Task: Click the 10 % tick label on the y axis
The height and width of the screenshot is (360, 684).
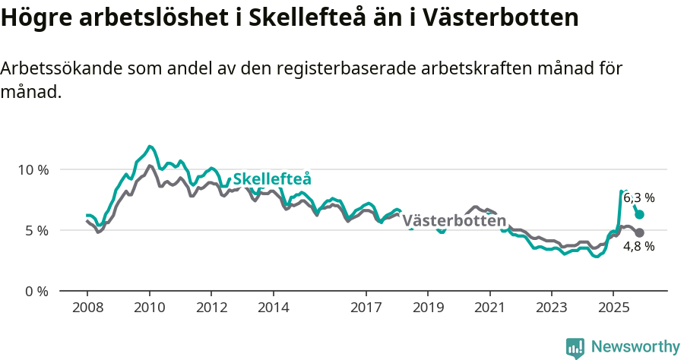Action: [x=32, y=169]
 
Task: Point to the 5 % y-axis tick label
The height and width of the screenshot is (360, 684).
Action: [x=35, y=230]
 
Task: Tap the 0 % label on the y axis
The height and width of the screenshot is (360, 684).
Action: [x=35, y=291]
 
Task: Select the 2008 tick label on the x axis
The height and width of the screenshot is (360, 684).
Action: [x=87, y=308]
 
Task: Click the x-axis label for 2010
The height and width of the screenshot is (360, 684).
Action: [x=149, y=308]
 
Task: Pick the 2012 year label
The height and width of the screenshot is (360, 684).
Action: [x=211, y=308]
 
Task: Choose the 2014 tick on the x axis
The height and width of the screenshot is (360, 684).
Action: [x=273, y=308]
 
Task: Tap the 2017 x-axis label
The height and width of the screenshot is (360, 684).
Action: [x=366, y=308]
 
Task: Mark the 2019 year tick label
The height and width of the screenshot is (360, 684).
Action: [x=427, y=308]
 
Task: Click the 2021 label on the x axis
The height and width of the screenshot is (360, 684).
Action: [x=489, y=308]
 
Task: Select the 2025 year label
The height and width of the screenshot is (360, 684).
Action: [x=613, y=308]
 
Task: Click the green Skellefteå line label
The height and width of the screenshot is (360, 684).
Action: [x=272, y=179]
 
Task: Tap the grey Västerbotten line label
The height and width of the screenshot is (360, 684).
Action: [x=454, y=221]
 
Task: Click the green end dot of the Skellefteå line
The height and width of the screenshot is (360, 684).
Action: [x=639, y=215]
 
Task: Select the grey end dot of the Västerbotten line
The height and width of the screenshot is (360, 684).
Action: [x=639, y=232]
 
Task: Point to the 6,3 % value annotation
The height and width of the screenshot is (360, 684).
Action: [x=638, y=197]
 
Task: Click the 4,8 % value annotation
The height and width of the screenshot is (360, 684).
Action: [x=638, y=246]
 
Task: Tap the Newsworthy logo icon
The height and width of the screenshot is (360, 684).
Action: [x=575, y=347]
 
